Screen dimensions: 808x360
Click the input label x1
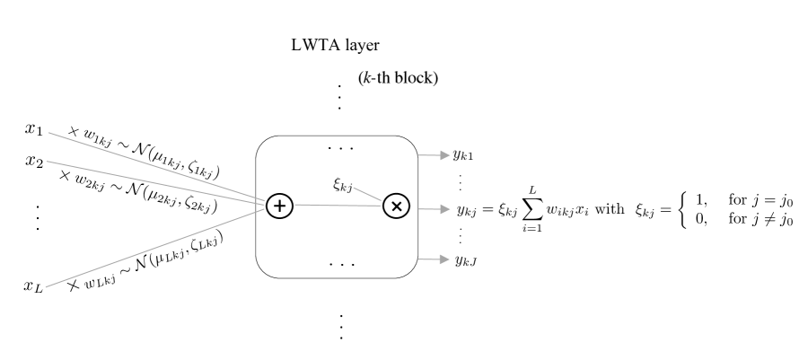tap(34, 128)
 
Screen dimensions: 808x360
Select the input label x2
tap(34, 162)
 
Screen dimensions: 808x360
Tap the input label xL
tap(34, 286)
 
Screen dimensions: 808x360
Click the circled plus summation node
tap(280, 206)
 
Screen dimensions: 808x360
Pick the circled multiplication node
tap(397, 206)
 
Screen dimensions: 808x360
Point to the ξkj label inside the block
tap(343, 185)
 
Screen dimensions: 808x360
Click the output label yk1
tap(462, 154)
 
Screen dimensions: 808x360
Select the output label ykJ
tap(466, 260)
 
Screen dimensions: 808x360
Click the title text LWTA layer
tap(336, 45)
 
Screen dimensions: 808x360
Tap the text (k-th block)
tap(398, 78)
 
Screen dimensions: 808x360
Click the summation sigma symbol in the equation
tap(532, 209)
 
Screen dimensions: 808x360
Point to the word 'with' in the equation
tap(610, 209)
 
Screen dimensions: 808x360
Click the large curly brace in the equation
tap(683, 209)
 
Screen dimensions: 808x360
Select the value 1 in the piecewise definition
tap(700, 200)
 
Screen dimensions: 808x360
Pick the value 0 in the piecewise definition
tap(700, 219)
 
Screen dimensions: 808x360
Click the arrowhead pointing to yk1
tap(445, 155)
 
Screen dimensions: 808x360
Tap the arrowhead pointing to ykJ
tap(445, 259)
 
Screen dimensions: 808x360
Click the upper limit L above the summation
tap(532, 191)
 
